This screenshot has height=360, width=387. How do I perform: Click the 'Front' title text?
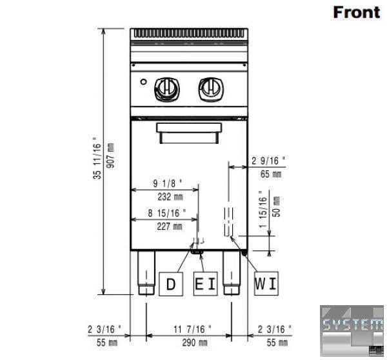[x=357, y=12]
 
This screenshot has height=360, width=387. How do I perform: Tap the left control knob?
[x=167, y=89]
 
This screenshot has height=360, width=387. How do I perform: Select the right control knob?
[x=211, y=89]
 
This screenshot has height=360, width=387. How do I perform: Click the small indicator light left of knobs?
[x=143, y=81]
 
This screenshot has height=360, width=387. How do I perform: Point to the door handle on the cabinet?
[x=189, y=133]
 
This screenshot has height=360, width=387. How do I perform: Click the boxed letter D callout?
[x=171, y=284]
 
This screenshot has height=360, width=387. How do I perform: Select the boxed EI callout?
[x=206, y=284]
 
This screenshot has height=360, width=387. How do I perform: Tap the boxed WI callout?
[x=266, y=283]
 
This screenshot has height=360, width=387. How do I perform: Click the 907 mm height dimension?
[x=110, y=155]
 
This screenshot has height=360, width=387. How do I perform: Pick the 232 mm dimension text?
[x=170, y=197]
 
